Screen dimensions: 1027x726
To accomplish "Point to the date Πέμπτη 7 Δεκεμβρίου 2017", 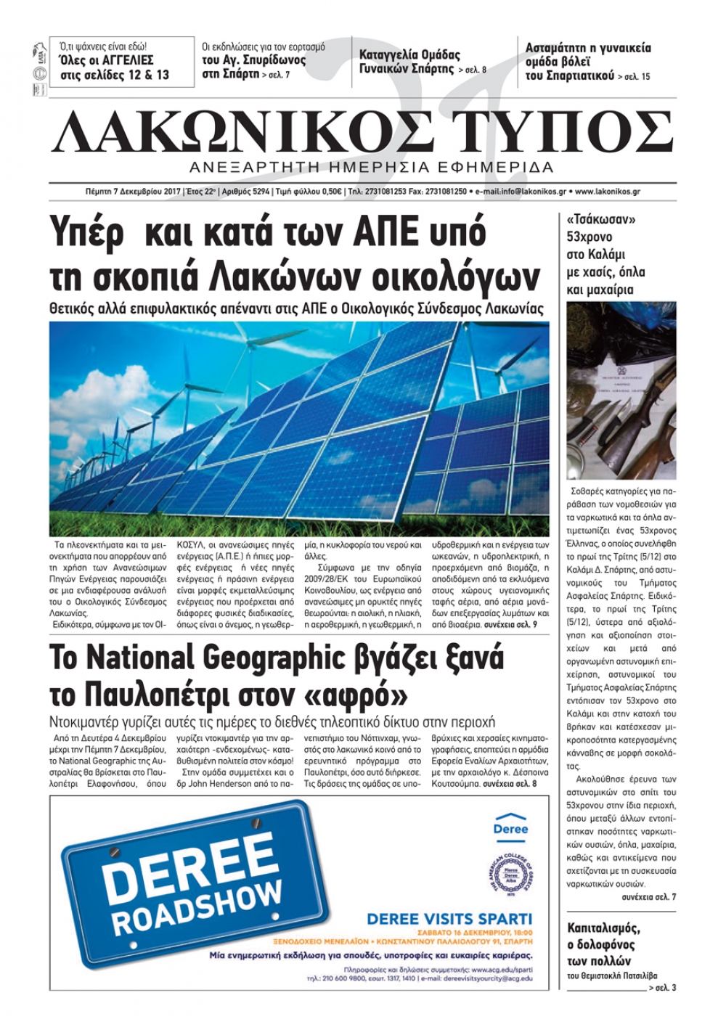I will pos(132,192).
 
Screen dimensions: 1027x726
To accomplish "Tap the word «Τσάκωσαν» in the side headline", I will pos(595,219).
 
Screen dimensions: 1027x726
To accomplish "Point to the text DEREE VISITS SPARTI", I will pos(449,919).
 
